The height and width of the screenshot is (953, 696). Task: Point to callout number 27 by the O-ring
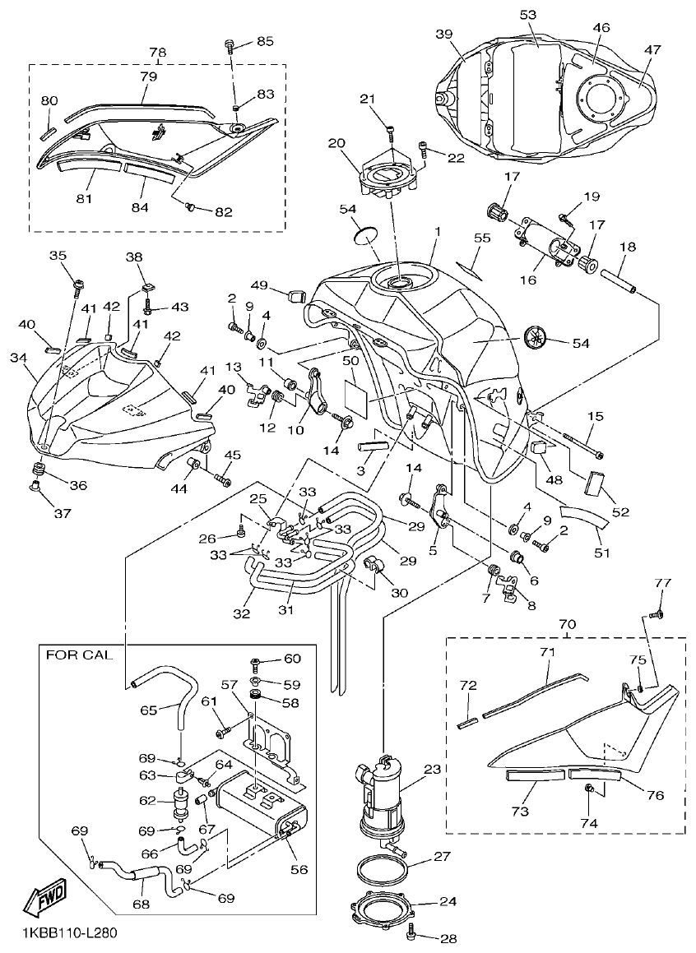tap(443, 856)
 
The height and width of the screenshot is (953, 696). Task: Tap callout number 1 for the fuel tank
tap(438, 233)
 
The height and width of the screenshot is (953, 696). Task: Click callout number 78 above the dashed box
tap(156, 51)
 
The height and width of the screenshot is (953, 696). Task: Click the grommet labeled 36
tap(37, 470)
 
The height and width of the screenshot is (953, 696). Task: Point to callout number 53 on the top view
tap(528, 15)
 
